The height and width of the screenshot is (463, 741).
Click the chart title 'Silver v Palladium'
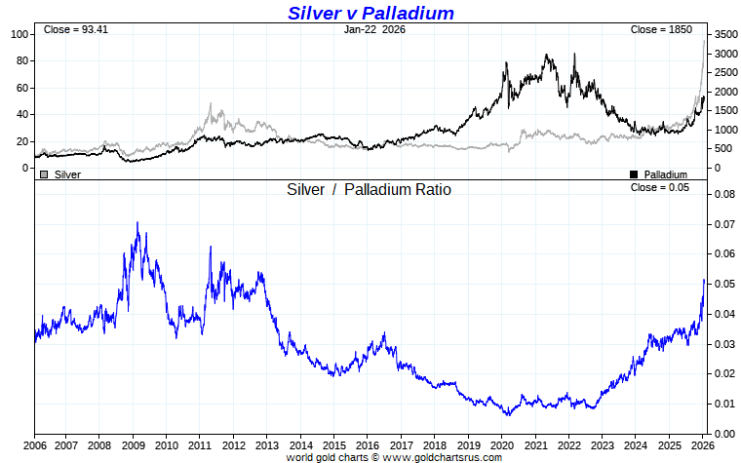point(370,13)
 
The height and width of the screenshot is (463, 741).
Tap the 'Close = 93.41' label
point(75,30)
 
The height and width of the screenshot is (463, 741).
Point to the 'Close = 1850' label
point(661,30)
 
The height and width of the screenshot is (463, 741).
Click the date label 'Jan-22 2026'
point(375,30)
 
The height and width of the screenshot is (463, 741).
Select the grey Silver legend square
point(43,174)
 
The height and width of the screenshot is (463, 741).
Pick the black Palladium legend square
point(634,174)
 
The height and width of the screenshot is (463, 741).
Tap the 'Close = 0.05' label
point(659,187)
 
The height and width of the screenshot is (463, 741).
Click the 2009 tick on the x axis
point(133,445)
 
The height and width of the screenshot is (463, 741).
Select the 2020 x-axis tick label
point(501,445)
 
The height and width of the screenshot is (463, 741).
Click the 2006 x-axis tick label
point(34,445)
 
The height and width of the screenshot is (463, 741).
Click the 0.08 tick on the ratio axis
point(721,194)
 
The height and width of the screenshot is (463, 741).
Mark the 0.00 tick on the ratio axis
point(721,434)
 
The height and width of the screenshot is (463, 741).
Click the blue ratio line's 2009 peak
point(137,223)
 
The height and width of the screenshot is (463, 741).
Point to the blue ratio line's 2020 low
point(507,414)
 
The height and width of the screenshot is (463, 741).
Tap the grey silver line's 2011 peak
point(210,104)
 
